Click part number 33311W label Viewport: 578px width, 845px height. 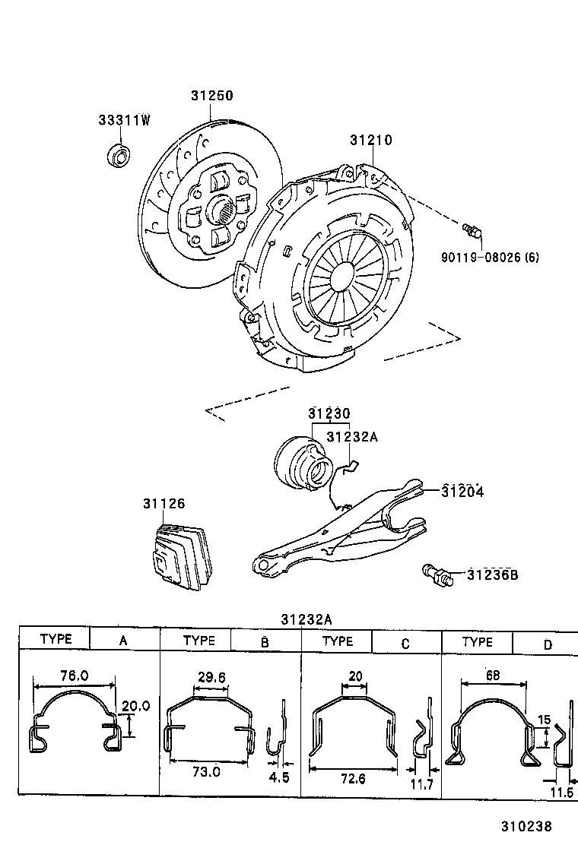[124, 121]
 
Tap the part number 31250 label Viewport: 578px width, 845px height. [211, 96]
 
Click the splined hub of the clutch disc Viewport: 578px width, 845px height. [224, 208]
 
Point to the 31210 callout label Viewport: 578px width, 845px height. [371, 141]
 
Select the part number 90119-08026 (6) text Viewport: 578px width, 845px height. [490, 257]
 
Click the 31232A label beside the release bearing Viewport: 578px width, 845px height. [351, 437]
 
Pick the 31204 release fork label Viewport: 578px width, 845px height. [462, 492]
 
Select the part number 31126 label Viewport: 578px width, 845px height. [164, 504]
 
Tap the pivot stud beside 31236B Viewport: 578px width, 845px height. [437, 574]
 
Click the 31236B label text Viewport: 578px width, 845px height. [492, 574]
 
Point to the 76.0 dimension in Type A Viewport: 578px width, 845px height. [74, 675]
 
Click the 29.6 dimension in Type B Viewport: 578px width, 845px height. [211, 676]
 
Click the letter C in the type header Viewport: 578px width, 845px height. [405, 644]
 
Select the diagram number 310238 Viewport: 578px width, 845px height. [526, 825]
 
